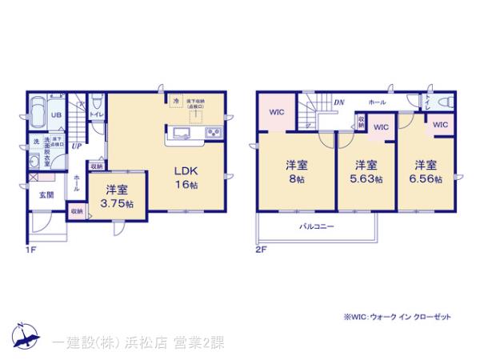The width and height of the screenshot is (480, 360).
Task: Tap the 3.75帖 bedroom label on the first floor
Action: click(115, 196)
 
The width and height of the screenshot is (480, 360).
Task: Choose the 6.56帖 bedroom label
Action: click(425, 172)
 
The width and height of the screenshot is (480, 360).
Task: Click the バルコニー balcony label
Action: click(317, 226)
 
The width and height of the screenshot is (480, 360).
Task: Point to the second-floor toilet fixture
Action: click(446, 103)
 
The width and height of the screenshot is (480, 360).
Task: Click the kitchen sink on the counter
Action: click(178, 132)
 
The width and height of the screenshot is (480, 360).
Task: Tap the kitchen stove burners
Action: click(214, 132)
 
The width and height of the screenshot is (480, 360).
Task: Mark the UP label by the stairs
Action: click(76, 146)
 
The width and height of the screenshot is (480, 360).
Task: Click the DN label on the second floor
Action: click(338, 102)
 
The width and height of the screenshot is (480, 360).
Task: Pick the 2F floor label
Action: click(260, 249)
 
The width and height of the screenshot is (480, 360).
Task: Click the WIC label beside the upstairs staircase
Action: click(275, 112)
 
